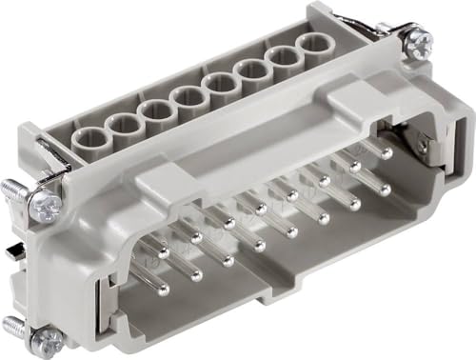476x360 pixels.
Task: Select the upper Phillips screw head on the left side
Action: point(45,204)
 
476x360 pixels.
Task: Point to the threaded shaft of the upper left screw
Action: point(15,190)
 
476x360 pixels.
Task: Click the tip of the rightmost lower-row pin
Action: point(385,190)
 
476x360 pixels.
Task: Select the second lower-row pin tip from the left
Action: point(197,275)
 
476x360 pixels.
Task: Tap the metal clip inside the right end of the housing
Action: point(422,143)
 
